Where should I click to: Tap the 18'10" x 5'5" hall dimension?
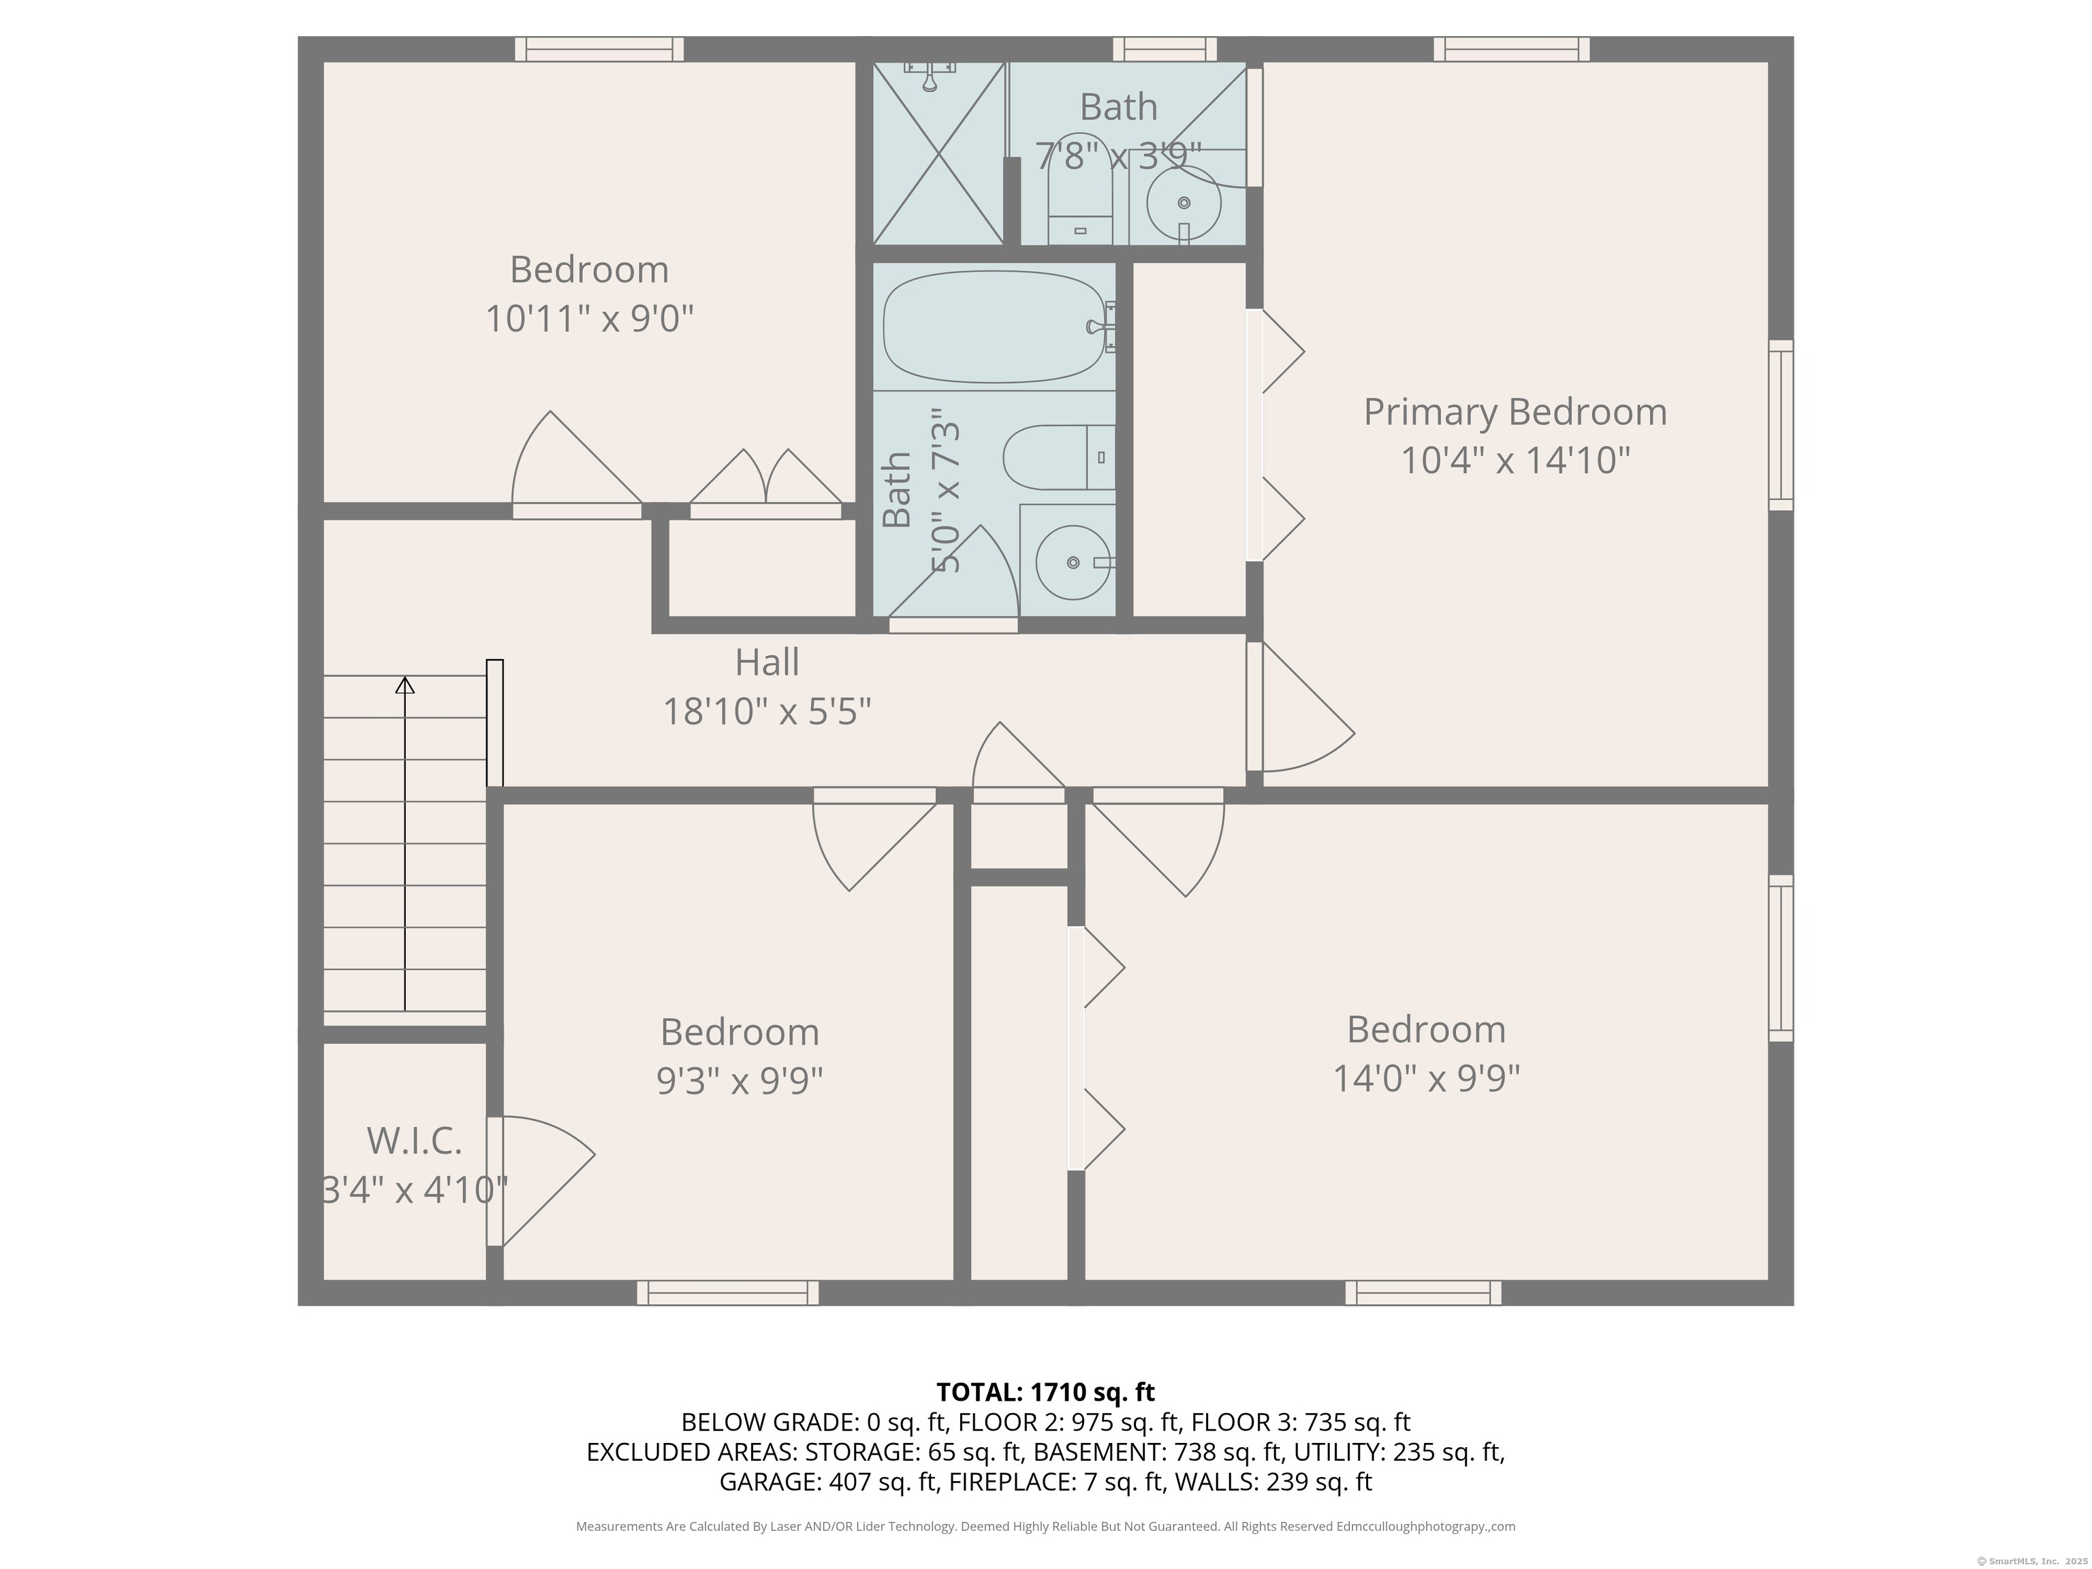point(766,711)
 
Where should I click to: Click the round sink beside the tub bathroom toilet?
point(1073,562)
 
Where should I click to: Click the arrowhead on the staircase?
point(405,684)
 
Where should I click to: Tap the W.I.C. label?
point(414,1141)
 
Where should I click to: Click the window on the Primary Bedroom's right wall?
point(1780,426)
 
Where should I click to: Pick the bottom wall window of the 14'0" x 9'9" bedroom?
point(1423,1293)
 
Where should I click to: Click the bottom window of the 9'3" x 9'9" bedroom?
point(727,1293)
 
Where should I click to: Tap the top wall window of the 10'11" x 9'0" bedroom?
point(599,49)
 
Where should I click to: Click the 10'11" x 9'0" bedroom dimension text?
point(589,319)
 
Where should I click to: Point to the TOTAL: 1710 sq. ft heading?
point(1045,1392)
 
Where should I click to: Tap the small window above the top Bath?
point(1164,49)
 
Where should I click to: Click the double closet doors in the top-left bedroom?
point(765,482)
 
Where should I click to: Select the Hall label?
point(766,662)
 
